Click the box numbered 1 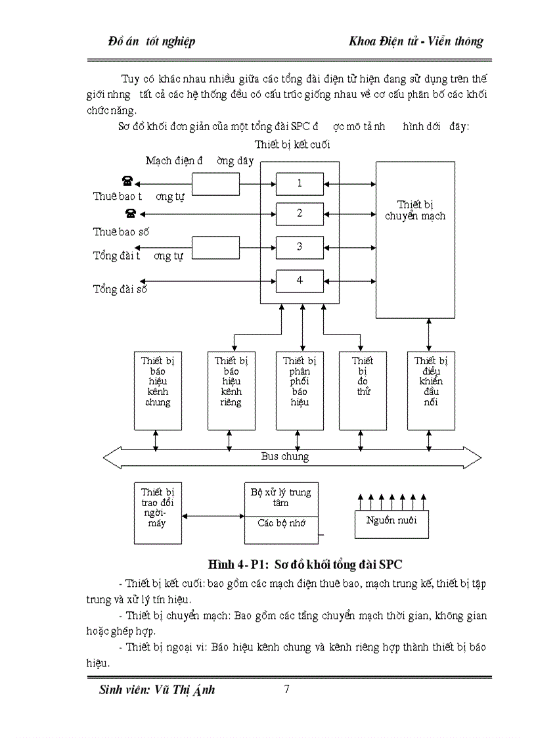pos(300,183)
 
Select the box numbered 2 pos(300,214)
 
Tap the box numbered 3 pos(300,247)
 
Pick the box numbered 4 pos(300,281)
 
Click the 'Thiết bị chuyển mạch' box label pos(414,210)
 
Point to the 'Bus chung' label pos(284,456)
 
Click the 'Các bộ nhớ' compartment pos(280,525)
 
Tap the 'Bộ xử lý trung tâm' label pos(281,497)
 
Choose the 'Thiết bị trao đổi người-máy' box pos(158,512)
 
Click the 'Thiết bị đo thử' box pos(363,390)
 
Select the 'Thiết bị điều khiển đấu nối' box pos(431,390)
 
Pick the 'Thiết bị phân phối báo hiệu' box pos(300,390)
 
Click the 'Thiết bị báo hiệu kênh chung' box pos(158,390)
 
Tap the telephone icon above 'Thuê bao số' pos(131,213)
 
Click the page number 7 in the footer pos(286,689)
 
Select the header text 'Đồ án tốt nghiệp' pos(152,41)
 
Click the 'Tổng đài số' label pos(120,288)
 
